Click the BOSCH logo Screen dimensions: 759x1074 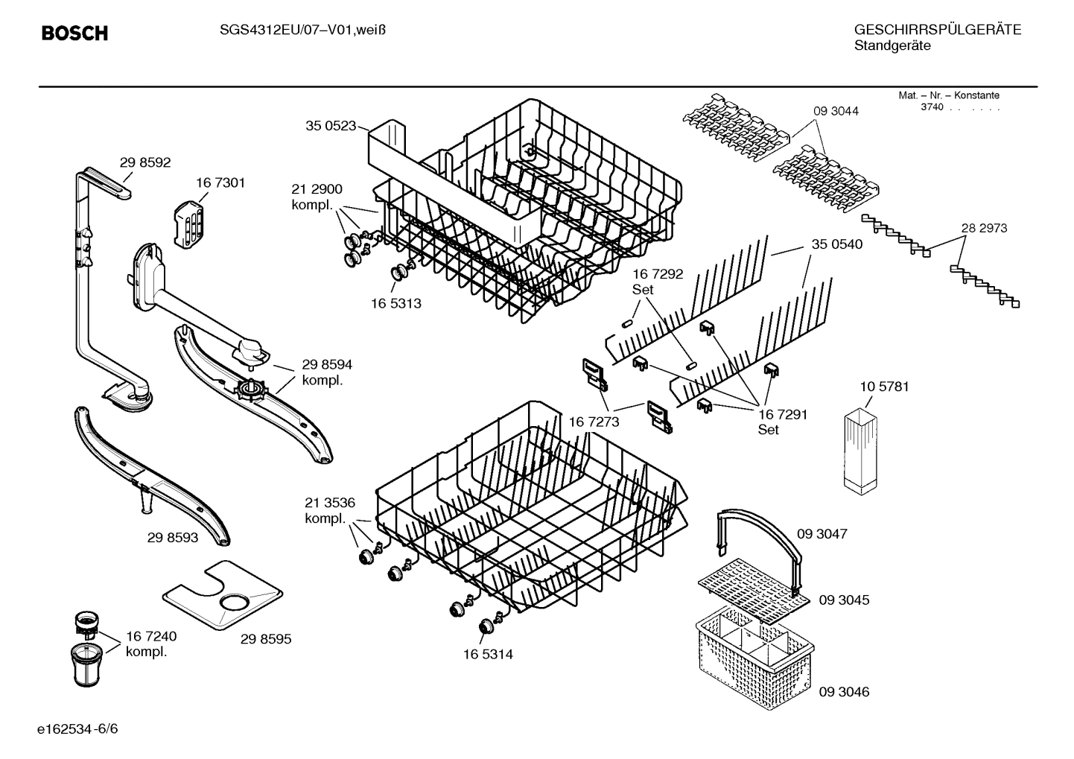coord(74,34)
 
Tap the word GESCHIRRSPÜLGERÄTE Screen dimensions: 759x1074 coord(937,30)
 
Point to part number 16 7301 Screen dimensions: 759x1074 coord(220,182)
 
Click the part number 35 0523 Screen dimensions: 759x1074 coord(331,126)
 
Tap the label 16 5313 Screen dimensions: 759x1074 coord(395,303)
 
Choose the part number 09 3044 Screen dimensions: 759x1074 coord(836,111)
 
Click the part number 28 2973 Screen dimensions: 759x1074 coord(984,228)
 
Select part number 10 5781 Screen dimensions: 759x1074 coord(884,387)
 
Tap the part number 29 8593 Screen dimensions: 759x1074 coord(173,537)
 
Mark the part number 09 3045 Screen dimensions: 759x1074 coord(844,600)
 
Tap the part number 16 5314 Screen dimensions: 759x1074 coord(488,654)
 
